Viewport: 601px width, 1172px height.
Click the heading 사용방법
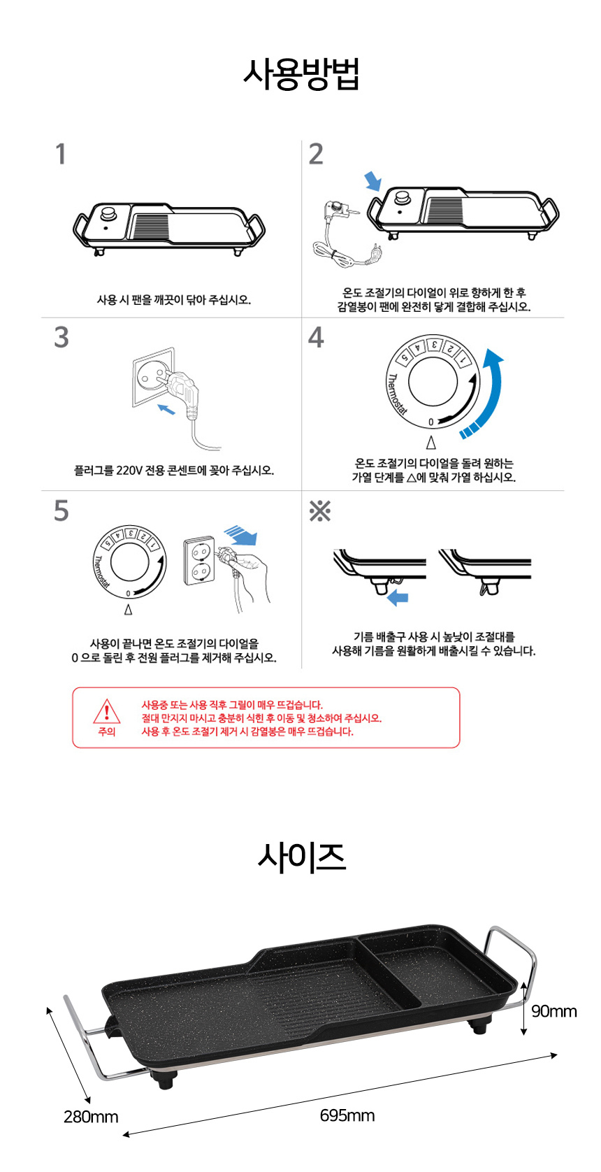tap(301, 75)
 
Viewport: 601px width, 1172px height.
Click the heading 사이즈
tap(302, 858)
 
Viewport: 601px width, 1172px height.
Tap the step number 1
tap(61, 154)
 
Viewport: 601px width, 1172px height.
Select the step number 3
tap(61, 338)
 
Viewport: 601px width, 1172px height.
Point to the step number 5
tap(61, 510)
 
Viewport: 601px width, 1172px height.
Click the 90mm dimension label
tap(554, 1011)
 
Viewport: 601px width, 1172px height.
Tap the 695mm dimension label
tap(347, 1115)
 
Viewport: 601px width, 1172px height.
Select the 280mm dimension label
tap(91, 1117)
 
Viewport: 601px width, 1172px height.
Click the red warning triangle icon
tap(107, 712)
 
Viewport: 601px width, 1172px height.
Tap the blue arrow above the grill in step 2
tap(373, 181)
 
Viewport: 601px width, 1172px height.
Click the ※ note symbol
tap(319, 511)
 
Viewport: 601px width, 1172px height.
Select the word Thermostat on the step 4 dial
tap(396, 394)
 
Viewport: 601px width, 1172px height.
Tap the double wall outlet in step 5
tap(199, 560)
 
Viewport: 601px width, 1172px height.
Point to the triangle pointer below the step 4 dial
tap(431, 443)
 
